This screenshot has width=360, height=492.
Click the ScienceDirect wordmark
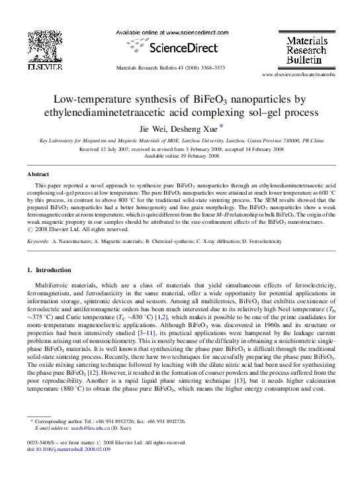pos(175,48)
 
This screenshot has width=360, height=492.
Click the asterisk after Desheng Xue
pos(220,126)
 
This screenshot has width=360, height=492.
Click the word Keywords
pos(39,242)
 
